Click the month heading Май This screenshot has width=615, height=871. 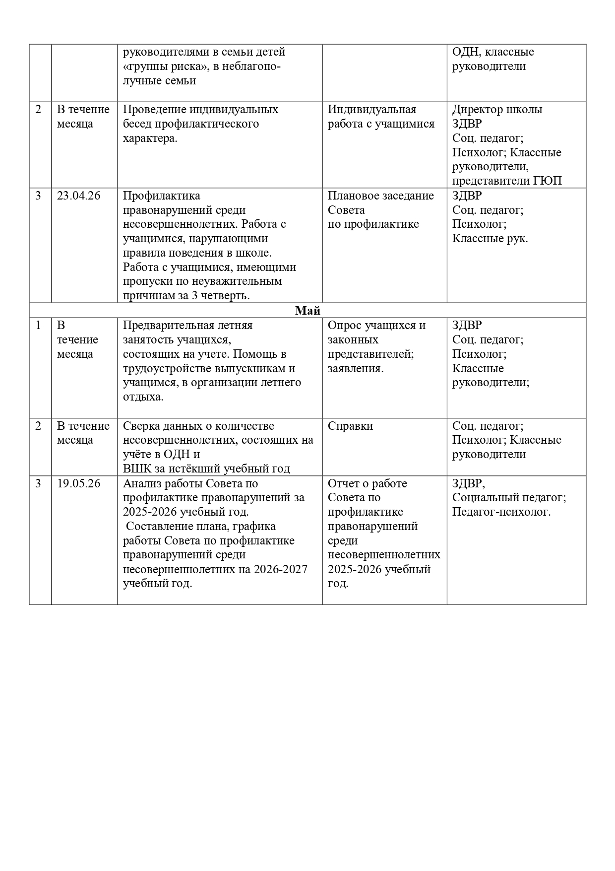(307, 311)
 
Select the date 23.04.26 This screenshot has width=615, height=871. (78, 196)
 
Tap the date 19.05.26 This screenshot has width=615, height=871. (78, 483)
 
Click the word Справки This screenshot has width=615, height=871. (350, 426)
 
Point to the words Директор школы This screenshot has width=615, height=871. (497, 109)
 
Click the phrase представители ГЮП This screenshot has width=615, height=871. (507, 181)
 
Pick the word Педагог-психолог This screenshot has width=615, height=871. (501, 512)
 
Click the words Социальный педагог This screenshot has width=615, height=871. (508, 497)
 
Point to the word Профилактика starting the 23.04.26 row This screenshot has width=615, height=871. (161, 196)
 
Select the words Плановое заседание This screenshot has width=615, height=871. (380, 196)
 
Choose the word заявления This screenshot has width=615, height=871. (354, 368)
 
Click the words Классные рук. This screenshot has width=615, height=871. (490, 238)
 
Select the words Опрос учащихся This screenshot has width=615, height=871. (376, 325)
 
